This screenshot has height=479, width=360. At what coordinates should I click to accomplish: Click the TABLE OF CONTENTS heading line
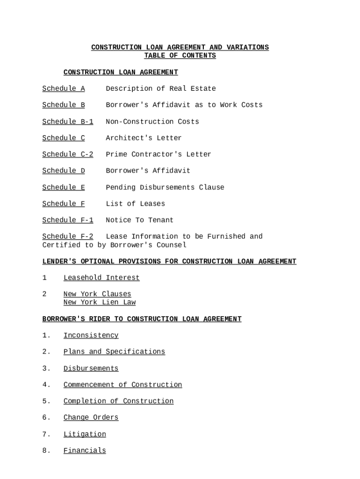click(x=180, y=56)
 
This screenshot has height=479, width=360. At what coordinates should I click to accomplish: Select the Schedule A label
click(x=64, y=88)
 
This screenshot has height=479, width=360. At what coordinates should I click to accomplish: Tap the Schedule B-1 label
click(x=68, y=122)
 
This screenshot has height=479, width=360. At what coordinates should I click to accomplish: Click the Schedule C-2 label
click(x=68, y=154)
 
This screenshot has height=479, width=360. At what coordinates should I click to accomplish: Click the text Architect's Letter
click(x=144, y=138)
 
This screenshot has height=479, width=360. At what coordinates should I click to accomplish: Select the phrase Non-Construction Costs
click(x=152, y=122)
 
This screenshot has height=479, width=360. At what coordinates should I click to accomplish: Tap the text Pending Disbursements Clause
click(x=165, y=187)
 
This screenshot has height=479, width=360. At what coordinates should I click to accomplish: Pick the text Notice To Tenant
click(x=139, y=220)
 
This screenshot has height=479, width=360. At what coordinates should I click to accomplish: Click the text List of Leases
click(x=135, y=203)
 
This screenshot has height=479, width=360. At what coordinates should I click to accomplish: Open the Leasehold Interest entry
click(x=101, y=278)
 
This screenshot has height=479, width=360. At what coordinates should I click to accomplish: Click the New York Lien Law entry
click(x=100, y=302)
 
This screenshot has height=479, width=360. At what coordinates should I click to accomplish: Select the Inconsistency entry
click(x=91, y=335)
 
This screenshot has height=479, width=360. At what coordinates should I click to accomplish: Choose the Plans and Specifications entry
click(x=114, y=352)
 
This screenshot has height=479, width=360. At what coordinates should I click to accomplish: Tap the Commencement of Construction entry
click(x=122, y=385)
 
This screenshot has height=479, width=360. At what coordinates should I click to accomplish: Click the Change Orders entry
click(x=91, y=417)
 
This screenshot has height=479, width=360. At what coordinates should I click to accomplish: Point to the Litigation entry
click(x=85, y=434)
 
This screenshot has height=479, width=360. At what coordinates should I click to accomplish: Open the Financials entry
click(x=85, y=450)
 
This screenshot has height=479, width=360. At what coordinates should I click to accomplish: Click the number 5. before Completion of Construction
click(x=46, y=401)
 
